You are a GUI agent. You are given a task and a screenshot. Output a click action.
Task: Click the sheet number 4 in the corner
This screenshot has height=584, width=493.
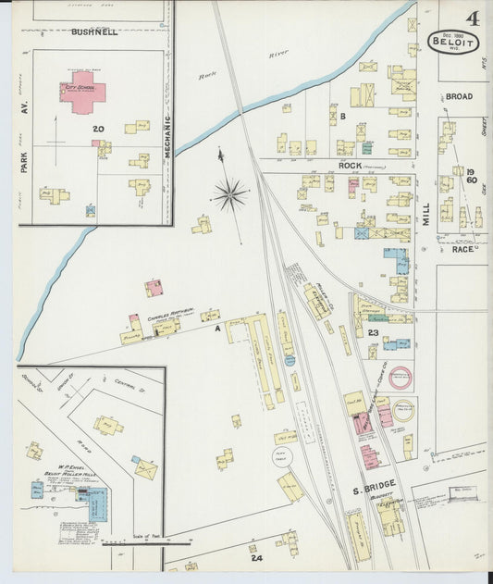473,18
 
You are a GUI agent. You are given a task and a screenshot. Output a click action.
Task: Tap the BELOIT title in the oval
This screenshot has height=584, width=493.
448,40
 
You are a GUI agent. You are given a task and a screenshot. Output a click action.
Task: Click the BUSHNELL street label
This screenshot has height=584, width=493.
95,31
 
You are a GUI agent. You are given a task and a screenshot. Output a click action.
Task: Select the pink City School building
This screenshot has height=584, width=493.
83,93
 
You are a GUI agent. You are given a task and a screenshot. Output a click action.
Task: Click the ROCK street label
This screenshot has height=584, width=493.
349,167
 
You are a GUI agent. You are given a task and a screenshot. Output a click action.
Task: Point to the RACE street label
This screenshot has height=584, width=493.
462,248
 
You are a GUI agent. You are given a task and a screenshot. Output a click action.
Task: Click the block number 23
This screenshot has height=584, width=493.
373,330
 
